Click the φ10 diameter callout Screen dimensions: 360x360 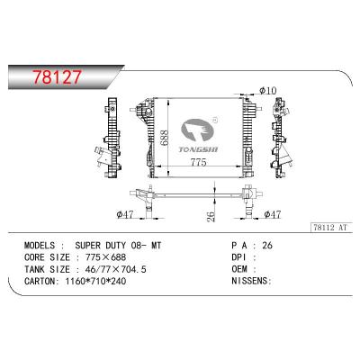[267, 90]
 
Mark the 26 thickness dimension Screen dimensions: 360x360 [210, 213]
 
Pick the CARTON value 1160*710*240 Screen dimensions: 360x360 [101, 281]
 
